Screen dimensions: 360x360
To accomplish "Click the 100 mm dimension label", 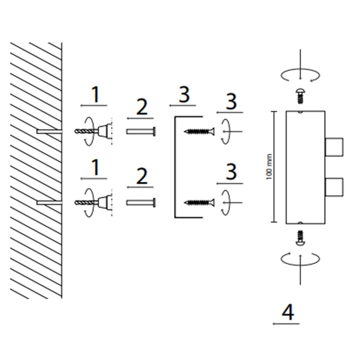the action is click(x=269, y=167).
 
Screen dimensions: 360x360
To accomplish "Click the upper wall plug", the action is click(x=141, y=131).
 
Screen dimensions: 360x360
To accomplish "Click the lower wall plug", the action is click(x=141, y=202).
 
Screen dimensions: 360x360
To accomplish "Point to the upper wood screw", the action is click(x=199, y=131).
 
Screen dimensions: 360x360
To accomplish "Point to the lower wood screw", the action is click(x=199, y=202).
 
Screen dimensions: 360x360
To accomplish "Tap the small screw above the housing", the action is click(x=300, y=96).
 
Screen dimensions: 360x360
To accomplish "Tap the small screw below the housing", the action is click(x=300, y=238).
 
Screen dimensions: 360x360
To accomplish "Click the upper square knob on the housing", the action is click(x=334, y=147).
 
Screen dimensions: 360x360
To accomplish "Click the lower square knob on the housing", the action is click(x=334, y=187).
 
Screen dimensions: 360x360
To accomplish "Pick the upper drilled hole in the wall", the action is click(x=49, y=131).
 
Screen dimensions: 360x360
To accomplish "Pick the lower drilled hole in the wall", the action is click(x=49, y=202).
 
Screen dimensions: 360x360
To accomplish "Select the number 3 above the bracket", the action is click(x=184, y=94).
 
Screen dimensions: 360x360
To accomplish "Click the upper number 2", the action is click(x=142, y=107).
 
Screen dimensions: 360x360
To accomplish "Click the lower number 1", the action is click(x=95, y=167).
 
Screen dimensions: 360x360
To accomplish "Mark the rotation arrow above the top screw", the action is click(x=300, y=75).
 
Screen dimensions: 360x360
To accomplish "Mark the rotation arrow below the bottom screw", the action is click(x=300, y=259).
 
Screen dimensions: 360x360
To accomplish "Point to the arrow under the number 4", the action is click(x=286, y=324).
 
